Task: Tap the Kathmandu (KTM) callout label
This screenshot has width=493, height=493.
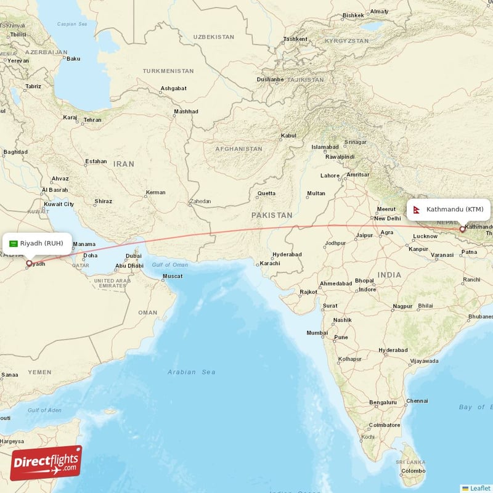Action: tap(448, 210)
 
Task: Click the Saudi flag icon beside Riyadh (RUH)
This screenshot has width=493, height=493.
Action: tap(13, 243)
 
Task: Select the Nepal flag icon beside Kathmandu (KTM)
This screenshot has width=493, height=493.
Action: tap(417, 210)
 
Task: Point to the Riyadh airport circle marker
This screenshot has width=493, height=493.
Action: tap(29, 263)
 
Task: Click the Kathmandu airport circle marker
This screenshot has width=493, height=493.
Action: tap(462, 229)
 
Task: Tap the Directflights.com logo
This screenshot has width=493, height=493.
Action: tap(46, 463)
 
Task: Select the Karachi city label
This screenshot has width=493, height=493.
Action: tap(269, 263)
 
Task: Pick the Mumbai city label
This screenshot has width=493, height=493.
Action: tap(317, 333)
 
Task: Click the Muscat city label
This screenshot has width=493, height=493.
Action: tap(172, 275)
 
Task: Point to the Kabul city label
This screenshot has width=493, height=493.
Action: tap(288, 136)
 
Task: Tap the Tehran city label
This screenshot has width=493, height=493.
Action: tap(92, 120)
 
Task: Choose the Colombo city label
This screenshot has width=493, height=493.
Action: tap(412, 471)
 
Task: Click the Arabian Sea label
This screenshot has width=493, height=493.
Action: tap(192, 372)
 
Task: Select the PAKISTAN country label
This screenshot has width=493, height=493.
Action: tap(272, 215)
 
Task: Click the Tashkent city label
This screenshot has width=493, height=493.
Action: tap(295, 39)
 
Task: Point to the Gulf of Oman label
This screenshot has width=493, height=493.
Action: tap(169, 264)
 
